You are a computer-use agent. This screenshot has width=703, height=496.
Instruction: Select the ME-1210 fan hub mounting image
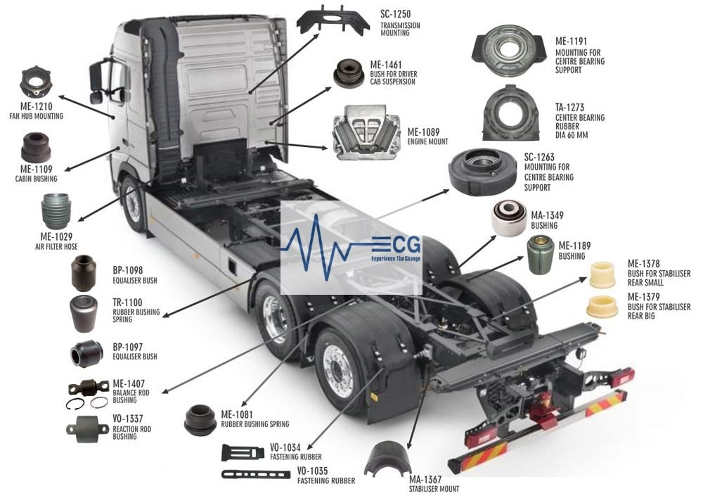pyautogui.click(x=37, y=82)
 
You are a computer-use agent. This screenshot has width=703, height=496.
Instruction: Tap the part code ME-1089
pyautogui.click(x=423, y=132)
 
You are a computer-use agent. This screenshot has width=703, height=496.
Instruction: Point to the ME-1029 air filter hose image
pyautogui.click(x=56, y=211)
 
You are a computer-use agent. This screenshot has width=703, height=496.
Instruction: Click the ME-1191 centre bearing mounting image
pyautogui.click(x=509, y=49)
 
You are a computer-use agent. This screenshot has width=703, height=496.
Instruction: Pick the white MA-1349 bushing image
pyautogui.click(x=509, y=217)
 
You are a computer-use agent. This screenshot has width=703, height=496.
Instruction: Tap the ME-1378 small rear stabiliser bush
pyautogui.click(x=602, y=274)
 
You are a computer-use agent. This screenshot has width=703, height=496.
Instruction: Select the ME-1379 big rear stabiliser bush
pyautogui.click(x=602, y=307)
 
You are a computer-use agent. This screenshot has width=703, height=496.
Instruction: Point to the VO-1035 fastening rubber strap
pyautogui.click(x=256, y=474)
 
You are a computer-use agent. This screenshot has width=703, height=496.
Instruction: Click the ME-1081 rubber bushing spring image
pyautogui.click(x=200, y=420)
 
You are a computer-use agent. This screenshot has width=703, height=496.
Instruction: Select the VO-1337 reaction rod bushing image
pyautogui.click(x=87, y=430)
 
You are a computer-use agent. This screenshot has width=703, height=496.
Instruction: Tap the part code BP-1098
pyautogui.click(x=128, y=271)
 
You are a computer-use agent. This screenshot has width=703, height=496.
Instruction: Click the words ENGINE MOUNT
pyautogui.click(x=427, y=142)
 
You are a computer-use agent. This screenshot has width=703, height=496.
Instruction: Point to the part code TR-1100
pyautogui.click(x=127, y=303)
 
